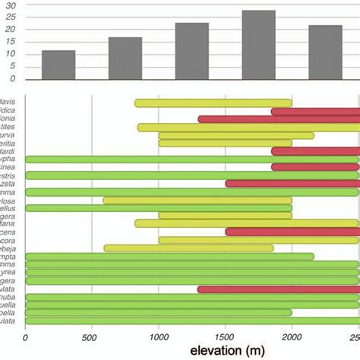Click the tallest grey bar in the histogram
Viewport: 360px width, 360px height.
(x=258, y=45)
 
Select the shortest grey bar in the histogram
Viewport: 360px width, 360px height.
(x=58, y=65)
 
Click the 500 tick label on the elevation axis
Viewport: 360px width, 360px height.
(x=91, y=338)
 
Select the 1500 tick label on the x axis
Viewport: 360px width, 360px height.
(x=225, y=338)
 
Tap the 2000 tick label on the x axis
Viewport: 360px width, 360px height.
(x=291, y=338)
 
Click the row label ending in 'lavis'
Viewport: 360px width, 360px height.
(x=9, y=103)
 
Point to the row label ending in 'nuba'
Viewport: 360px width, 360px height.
(x=9, y=298)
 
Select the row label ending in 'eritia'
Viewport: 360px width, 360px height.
(x=8, y=144)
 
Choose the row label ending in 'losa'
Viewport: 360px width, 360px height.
(x=9, y=201)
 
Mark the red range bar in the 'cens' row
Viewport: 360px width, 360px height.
(x=292, y=232)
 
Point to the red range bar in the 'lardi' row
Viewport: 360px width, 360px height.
(x=314, y=151)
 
